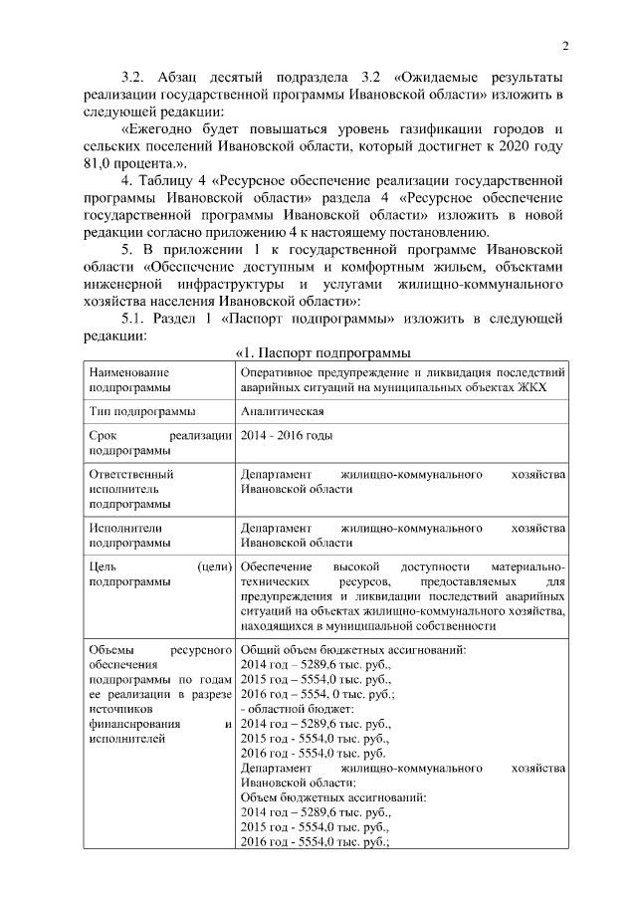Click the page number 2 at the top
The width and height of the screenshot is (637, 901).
click(x=564, y=45)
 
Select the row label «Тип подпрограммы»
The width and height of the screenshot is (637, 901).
click(x=142, y=411)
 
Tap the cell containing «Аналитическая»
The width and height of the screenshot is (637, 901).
click(x=282, y=411)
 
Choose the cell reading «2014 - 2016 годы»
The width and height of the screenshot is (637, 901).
click(x=287, y=436)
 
